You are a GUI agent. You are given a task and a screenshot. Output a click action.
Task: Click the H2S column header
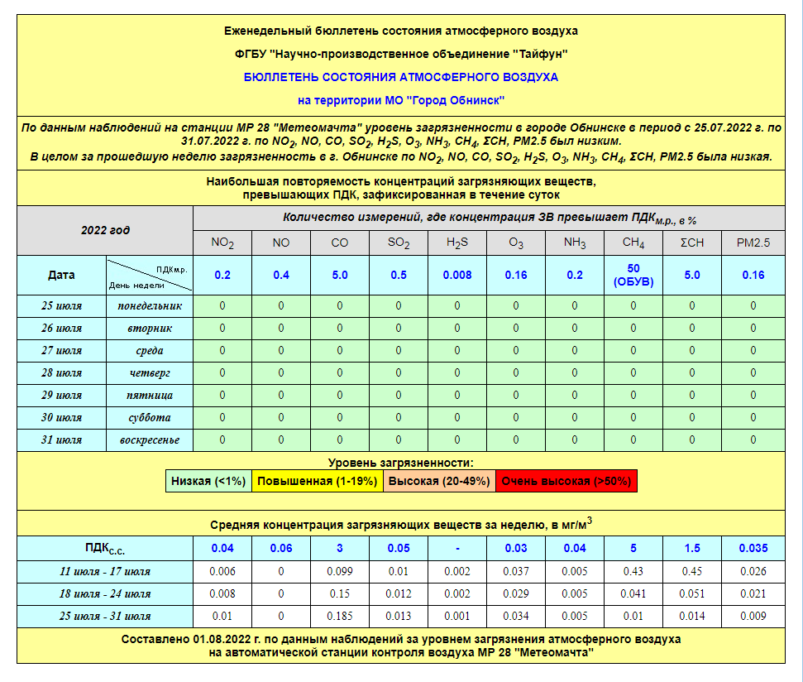tap(457, 243)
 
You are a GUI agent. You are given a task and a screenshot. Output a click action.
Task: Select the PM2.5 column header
tap(753, 243)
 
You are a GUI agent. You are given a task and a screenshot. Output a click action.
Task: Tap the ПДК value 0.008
tap(457, 275)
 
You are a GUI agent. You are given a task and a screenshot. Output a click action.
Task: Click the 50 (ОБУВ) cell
tap(633, 275)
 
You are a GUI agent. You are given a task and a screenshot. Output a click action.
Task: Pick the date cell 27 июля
tap(62, 351)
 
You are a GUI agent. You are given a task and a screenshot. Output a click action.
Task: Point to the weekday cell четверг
tap(150, 373)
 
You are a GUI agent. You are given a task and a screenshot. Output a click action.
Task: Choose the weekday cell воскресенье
tap(150, 440)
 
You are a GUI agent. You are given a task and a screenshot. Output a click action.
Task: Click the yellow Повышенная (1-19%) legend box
tap(316, 481)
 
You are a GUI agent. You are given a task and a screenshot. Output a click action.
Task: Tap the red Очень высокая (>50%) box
tap(566, 481)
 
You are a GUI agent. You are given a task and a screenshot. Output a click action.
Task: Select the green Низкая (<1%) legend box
tap(208, 481)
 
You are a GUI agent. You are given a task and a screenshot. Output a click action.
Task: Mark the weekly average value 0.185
tap(340, 617)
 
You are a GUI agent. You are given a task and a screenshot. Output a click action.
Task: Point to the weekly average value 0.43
tap(633, 572)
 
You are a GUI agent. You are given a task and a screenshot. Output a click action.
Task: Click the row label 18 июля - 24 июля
tap(104, 594)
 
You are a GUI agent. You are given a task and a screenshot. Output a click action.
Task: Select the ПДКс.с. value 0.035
tap(753, 548)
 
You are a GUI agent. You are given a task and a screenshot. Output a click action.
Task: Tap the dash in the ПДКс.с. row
tap(457, 548)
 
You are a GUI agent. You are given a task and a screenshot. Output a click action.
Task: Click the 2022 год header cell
tap(105, 231)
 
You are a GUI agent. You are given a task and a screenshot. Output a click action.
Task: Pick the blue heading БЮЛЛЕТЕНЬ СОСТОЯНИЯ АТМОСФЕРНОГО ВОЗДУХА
tap(401, 77)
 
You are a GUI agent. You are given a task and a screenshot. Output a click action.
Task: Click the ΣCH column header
tap(692, 243)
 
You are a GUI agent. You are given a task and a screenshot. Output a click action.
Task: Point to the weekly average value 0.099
tap(340, 572)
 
